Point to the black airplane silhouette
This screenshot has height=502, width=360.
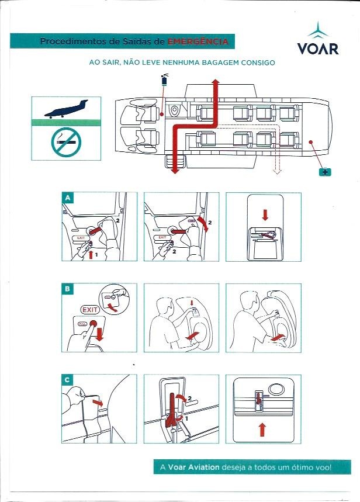coord(65,110)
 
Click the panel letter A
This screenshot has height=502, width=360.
coord(68,198)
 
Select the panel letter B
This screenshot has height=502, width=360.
coord(68,289)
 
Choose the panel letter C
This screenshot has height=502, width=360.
coord(68,380)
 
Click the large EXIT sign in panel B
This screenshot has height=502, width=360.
coord(90,309)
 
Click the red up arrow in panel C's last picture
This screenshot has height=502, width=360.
coord(262,430)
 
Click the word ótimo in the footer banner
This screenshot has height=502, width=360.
coord(300,468)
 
